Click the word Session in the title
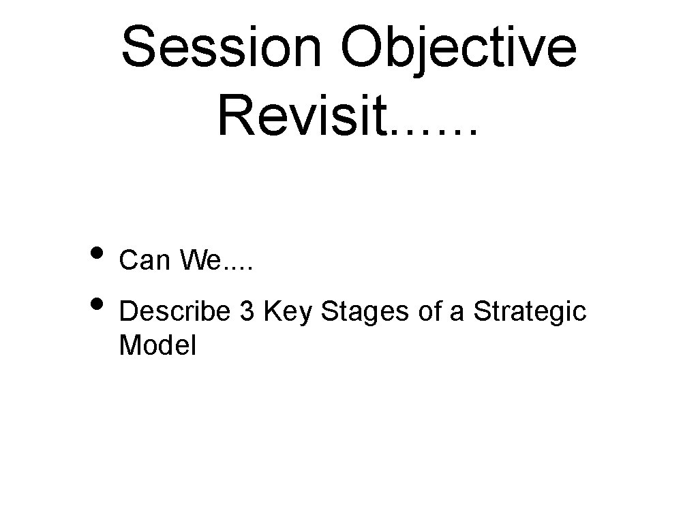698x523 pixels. tap(224, 48)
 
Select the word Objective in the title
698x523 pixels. tap(458, 48)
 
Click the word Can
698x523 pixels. tap(144, 259)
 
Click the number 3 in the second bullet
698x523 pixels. tap(245, 311)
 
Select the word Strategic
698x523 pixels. tap(530, 313)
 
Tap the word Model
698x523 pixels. tap(157, 346)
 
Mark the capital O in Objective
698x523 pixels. tap(363, 48)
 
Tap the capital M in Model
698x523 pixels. tap(130, 346)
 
